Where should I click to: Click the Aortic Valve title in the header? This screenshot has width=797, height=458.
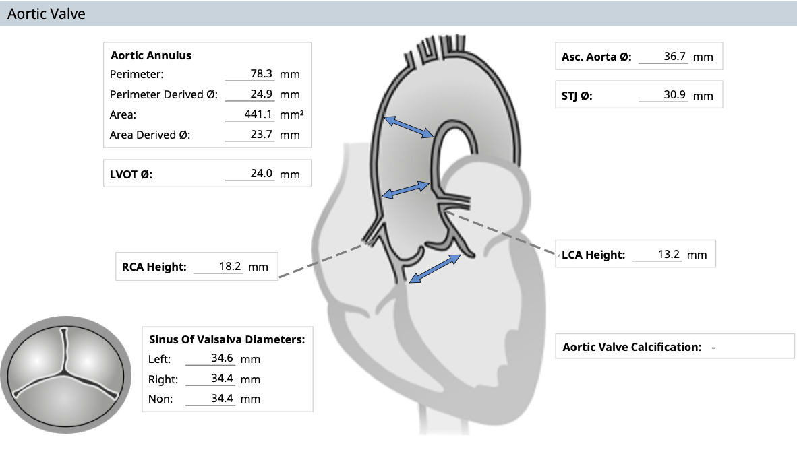pos(47,13)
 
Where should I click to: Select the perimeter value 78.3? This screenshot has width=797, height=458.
pos(261,73)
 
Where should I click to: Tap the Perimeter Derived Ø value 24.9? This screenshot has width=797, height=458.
pos(261,94)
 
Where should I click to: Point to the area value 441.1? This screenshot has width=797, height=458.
pos(258,115)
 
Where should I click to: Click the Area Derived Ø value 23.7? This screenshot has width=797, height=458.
pos(261,135)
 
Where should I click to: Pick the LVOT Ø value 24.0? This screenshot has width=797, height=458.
pos(261,174)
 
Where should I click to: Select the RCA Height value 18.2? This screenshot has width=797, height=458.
pos(230,267)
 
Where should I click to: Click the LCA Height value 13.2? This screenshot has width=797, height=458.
pos(668,255)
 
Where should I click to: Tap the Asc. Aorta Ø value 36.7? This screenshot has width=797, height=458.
pos(674,57)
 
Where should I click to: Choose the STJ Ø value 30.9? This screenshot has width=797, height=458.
pos(674,95)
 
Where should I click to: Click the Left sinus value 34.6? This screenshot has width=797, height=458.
pos(222,358)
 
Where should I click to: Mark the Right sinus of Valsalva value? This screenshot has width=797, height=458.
pos(222,379)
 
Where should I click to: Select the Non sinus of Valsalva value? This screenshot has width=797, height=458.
pos(222,399)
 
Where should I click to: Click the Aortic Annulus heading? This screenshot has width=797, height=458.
pos(151,55)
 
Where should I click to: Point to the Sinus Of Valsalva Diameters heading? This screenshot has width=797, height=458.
pos(227,339)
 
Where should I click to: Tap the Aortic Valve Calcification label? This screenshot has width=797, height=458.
pos(632,347)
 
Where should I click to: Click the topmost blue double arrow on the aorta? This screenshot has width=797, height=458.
pos(409,127)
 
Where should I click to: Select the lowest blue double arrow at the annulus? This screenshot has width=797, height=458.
pos(435,269)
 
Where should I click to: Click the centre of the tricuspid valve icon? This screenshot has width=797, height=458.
pos(65,374)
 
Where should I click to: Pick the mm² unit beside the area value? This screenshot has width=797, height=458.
pos(292,115)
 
